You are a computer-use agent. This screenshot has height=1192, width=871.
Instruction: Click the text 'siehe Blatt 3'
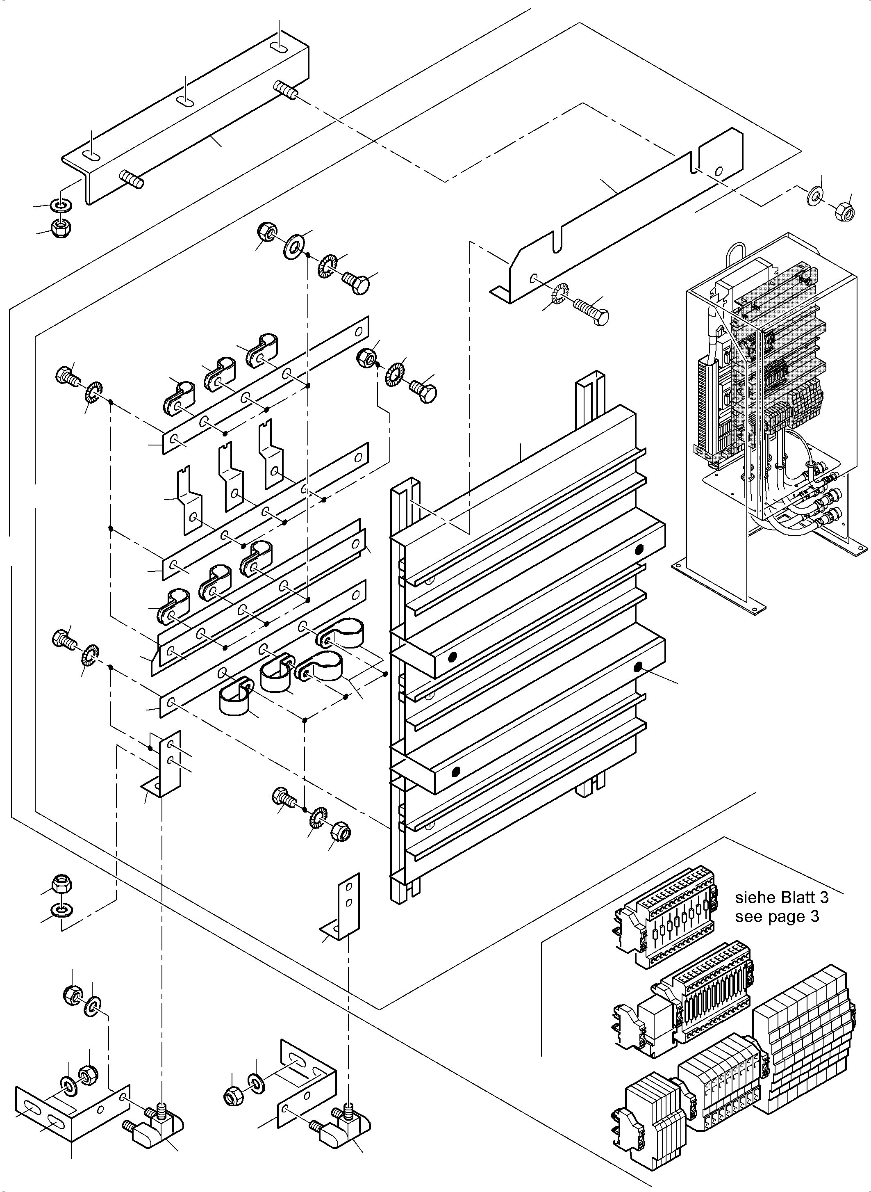781,897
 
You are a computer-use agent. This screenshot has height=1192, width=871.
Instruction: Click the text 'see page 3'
777,916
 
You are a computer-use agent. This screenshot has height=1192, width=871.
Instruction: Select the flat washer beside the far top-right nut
814,196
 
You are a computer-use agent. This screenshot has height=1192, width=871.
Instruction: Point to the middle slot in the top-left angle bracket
185,101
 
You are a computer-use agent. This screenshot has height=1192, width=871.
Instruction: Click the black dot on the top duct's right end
639,550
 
